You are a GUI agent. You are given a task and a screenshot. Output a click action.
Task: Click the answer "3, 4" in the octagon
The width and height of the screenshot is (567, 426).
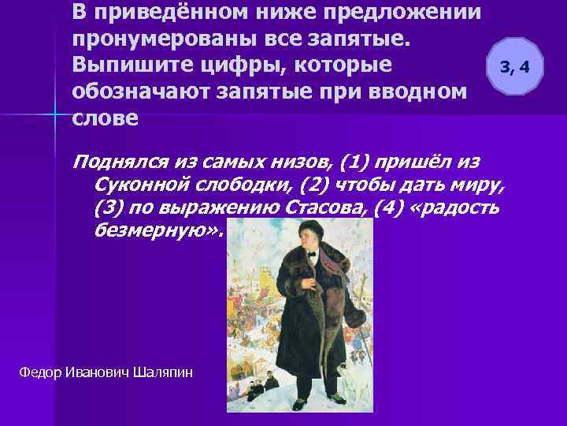pos(515,66)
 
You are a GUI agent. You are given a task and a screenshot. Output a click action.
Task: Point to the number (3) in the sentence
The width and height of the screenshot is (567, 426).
pos(105,208)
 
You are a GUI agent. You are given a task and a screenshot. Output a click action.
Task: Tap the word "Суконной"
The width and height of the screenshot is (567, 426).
pos(132,185)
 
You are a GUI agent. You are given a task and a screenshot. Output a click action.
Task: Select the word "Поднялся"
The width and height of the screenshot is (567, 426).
pos(113,163)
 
